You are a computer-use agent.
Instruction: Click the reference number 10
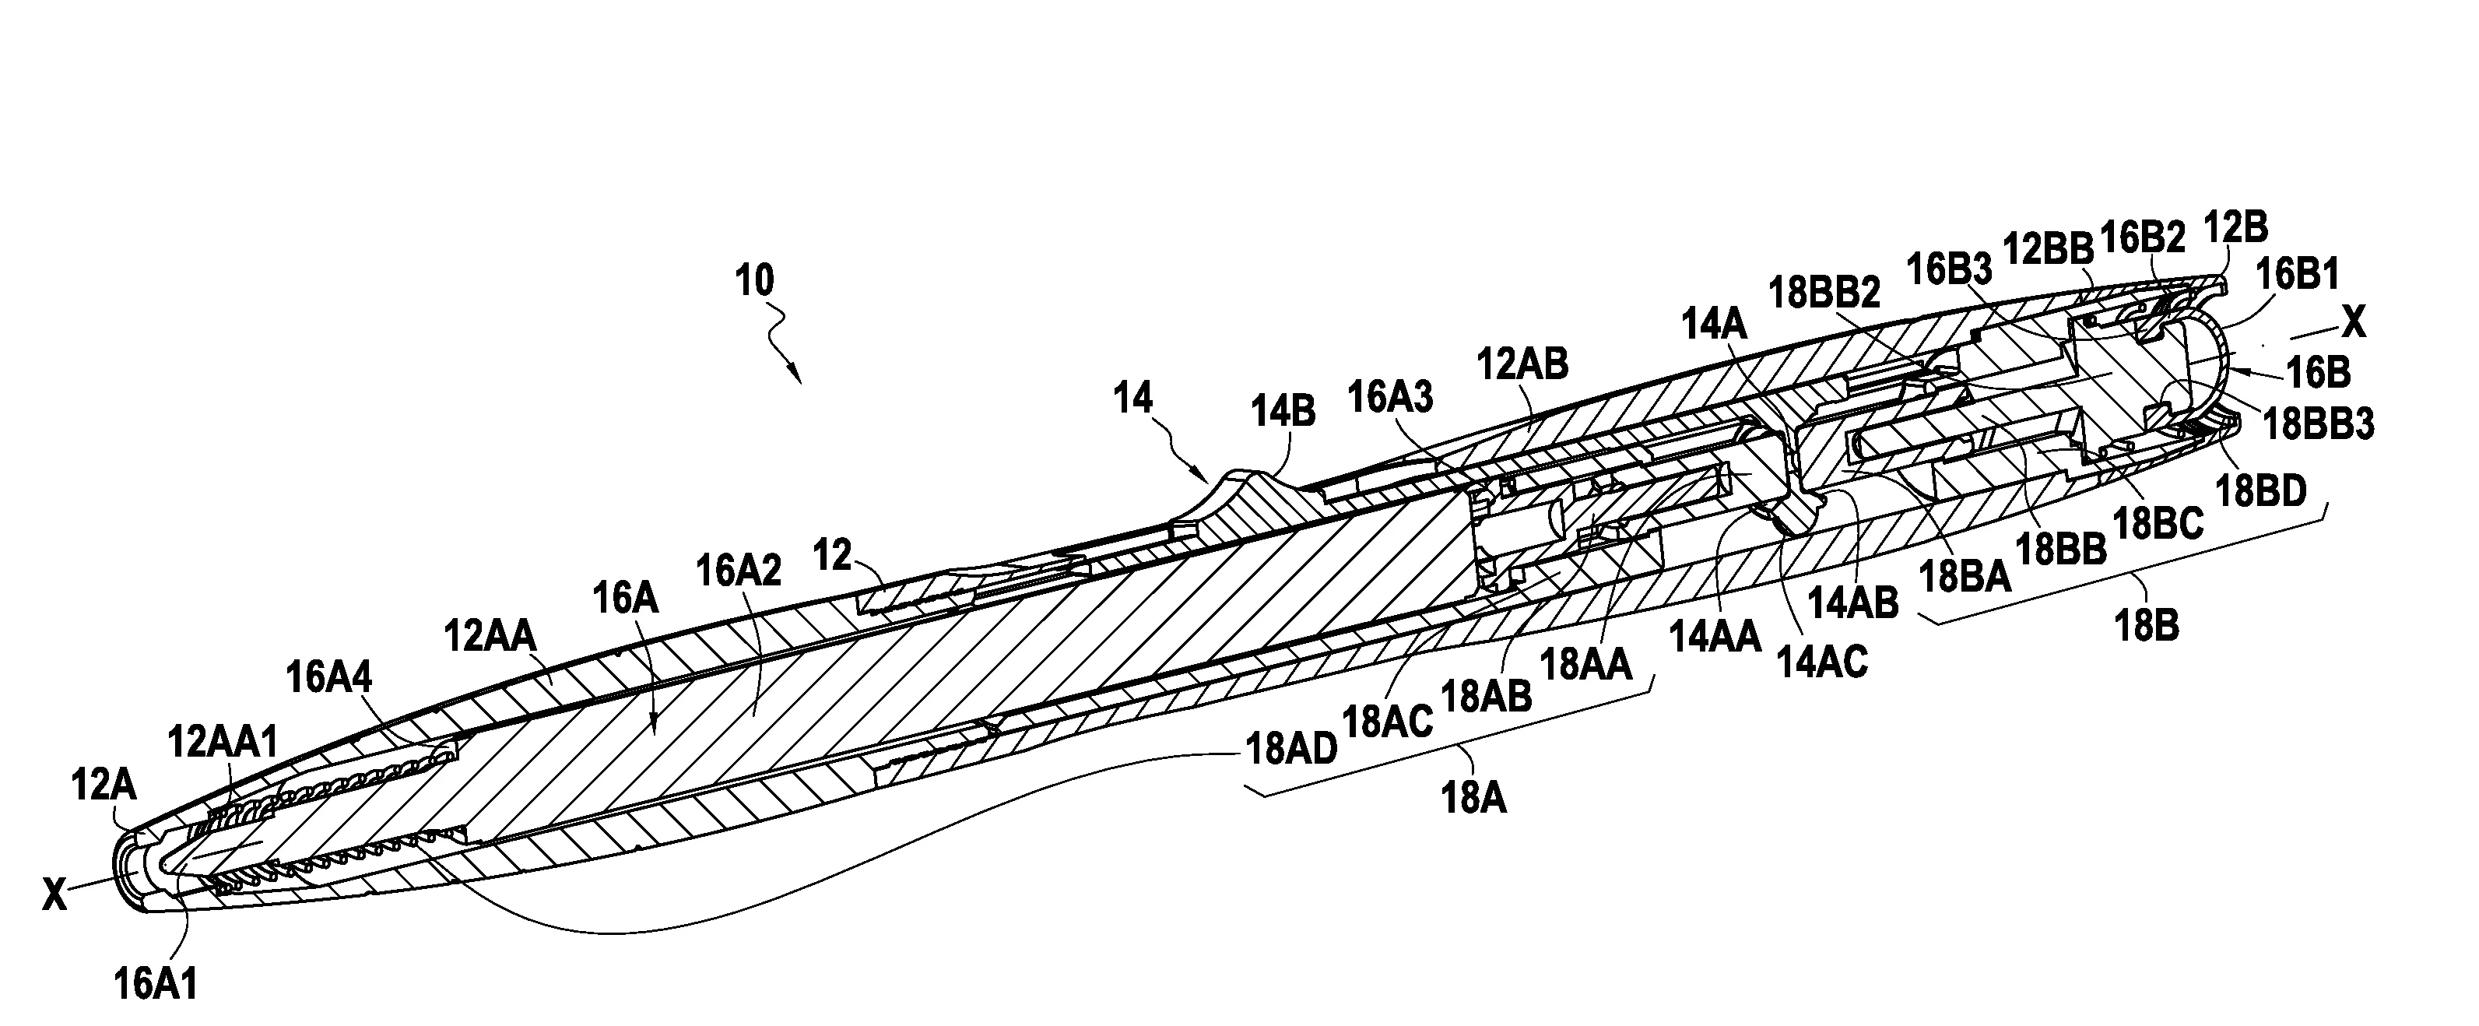[x=753, y=282]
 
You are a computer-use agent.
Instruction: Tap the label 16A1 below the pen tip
[x=156, y=984]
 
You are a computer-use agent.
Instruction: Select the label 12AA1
[x=223, y=742]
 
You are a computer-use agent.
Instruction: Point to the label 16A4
[x=329, y=677]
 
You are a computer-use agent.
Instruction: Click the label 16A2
[x=738, y=571]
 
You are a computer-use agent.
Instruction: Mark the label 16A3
[x=1389, y=395]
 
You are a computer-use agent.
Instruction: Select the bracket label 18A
[x=1473, y=797]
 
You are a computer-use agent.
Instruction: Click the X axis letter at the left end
[x=54, y=897]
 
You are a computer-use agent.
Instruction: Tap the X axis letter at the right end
[x=2352, y=322]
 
